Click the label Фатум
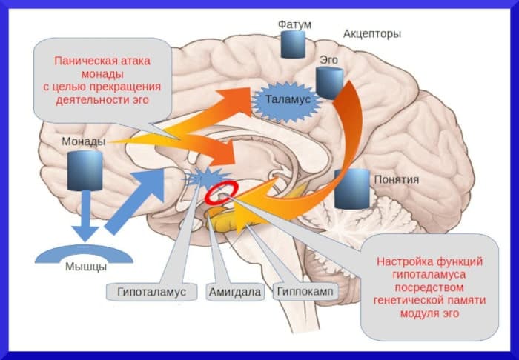coord(294,24)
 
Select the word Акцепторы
coord(372,33)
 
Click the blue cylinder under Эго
coord(328,82)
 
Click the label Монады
coord(83,141)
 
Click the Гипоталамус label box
coord(151,291)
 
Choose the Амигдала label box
coord(234,291)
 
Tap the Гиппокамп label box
coord(305,291)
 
